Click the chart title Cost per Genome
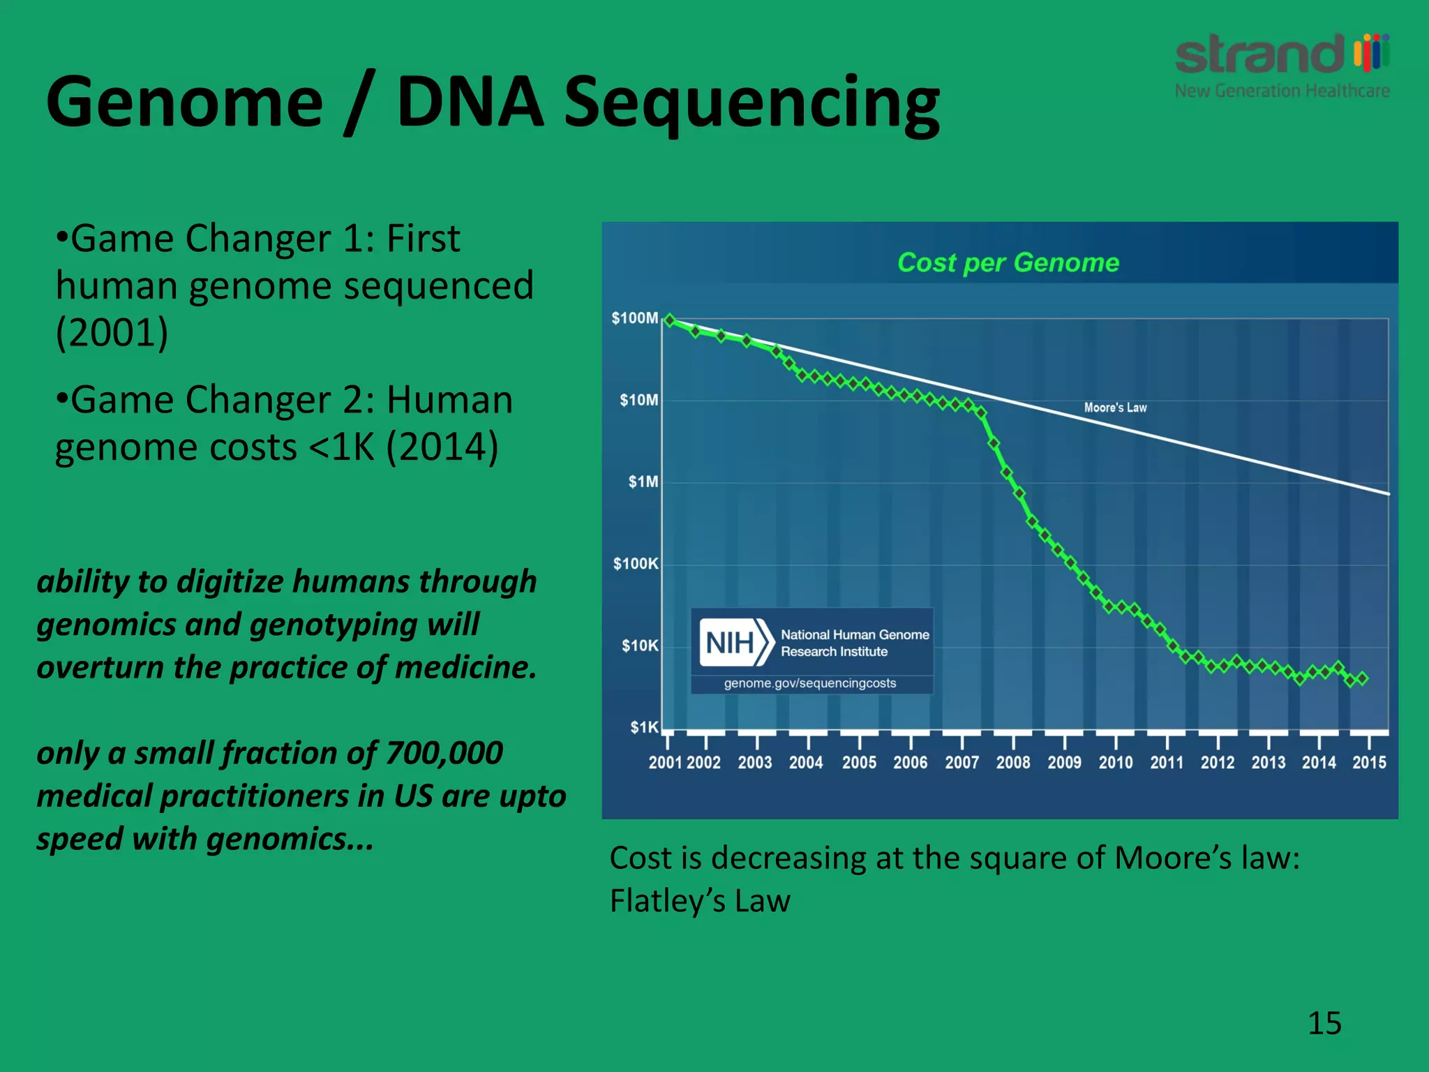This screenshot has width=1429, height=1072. click(x=1008, y=263)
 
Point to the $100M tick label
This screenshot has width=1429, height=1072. click(x=634, y=318)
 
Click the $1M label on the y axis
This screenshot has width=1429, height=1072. click(x=643, y=482)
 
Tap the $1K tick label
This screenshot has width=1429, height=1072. click(x=644, y=727)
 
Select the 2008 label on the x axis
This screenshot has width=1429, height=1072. click(x=1012, y=762)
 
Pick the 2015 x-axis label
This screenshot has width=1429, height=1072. click(x=1369, y=762)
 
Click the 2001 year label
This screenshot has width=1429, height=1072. click(x=665, y=762)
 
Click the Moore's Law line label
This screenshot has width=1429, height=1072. click(x=1115, y=408)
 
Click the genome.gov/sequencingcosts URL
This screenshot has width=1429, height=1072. click(x=809, y=683)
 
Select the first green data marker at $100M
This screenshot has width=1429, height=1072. click(x=670, y=320)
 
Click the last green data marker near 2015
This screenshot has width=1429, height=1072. click(x=1363, y=678)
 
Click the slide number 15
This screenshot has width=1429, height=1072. click(x=1324, y=1023)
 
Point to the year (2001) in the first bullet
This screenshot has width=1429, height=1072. click(x=112, y=332)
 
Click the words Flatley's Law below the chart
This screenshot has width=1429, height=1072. click(x=700, y=900)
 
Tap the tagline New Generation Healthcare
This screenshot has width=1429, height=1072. click(x=1282, y=91)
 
